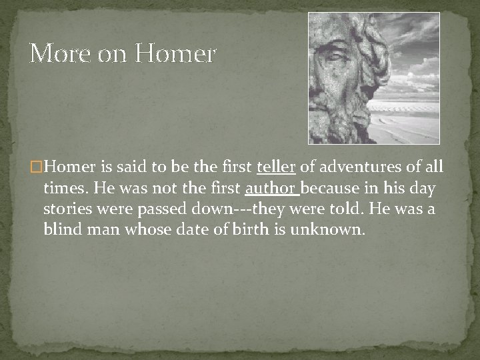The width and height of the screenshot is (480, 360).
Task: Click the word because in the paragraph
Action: click(331, 189)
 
